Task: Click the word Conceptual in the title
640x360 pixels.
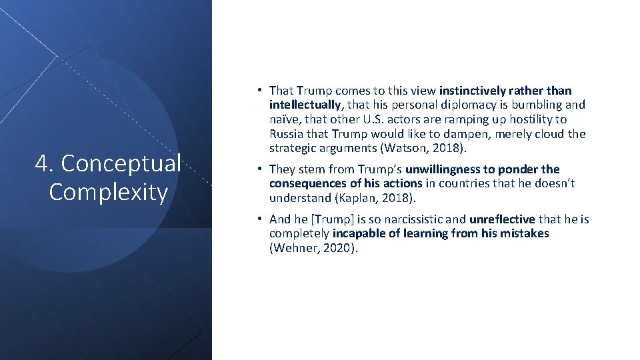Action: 120,163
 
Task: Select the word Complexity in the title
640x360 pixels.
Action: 108,192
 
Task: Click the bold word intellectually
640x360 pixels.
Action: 305,105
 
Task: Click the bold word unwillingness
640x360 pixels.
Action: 442,169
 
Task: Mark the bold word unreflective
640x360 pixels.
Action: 501,219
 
